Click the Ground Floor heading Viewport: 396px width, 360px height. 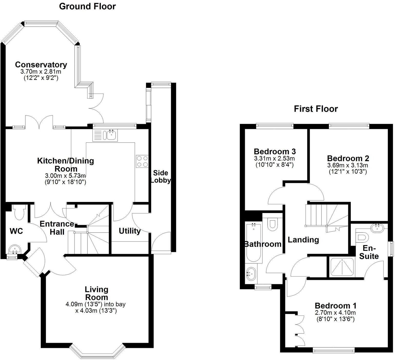click(x=87, y=6)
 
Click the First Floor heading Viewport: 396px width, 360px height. click(x=316, y=109)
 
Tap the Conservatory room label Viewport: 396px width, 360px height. click(x=41, y=64)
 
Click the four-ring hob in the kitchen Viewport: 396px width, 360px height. click(x=142, y=162)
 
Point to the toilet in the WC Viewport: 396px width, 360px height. click(x=19, y=212)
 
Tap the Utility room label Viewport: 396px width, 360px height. click(x=130, y=231)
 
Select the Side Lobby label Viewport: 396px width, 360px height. click(x=161, y=177)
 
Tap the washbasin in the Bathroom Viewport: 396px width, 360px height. click(x=251, y=273)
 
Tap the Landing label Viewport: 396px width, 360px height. click(x=303, y=240)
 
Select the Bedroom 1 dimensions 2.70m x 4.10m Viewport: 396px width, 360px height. click(x=335, y=313)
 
